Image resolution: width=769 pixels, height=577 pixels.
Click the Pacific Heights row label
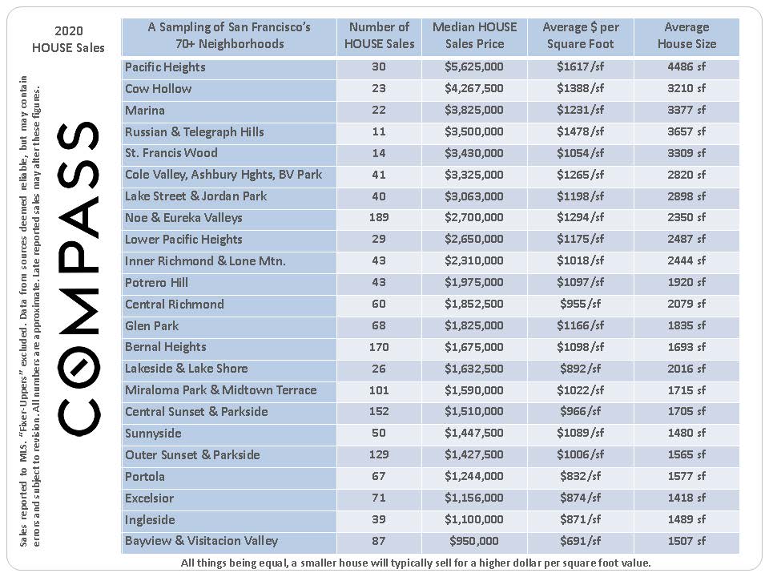[x=165, y=67]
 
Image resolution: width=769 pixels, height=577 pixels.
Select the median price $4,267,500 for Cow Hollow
[x=474, y=89]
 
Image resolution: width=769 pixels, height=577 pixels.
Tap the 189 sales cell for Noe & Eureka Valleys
[x=379, y=218]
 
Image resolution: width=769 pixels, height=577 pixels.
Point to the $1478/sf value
[x=580, y=132]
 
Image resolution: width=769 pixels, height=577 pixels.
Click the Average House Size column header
[x=686, y=36]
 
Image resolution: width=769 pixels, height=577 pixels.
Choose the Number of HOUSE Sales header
[x=379, y=36]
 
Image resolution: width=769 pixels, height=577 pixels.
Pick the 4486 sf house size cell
[x=686, y=67]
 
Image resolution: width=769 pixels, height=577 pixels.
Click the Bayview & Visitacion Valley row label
[x=201, y=542]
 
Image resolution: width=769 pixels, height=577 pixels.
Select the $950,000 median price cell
[x=474, y=542]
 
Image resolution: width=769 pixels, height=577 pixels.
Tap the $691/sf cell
[x=580, y=542]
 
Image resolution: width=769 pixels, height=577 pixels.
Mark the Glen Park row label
[x=152, y=326]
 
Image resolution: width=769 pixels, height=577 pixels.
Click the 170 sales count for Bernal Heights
[x=379, y=348]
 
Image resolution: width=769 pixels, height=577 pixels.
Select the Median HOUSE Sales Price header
[x=474, y=36]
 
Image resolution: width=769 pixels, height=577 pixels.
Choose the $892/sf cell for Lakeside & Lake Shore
[x=580, y=369]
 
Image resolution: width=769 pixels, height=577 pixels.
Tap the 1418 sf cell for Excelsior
[x=686, y=498]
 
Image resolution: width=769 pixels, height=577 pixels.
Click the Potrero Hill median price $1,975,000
[x=474, y=283]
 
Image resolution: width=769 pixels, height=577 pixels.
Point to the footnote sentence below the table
[x=416, y=563]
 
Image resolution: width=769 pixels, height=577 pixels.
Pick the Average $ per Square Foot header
[x=580, y=36]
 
